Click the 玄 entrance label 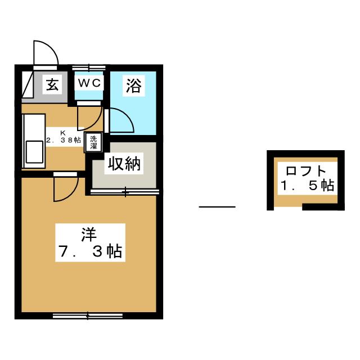pyautogui.click(x=52, y=84)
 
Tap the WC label pyautogui.click(x=89, y=83)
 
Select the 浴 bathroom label pyautogui.click(x=134, y=85)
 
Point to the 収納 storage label pyautogui.click(x=124, y=164)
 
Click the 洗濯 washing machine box pyautogui.click(x=93, y=142)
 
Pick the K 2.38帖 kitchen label pyautogui.click(x=64, y=137)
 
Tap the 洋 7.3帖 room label pyautogui.click(x=90, y=242)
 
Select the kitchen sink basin pyautogui.click(x=34, y=152)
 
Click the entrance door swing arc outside pyautogui.click(x=46, y=53)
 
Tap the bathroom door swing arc pyautogui.click(x=121, y=120)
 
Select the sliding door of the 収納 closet pyautogui.click(x=125, y=192)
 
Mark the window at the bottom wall pyautogui.click(x=88, y=316)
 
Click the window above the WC pyautogui.click(x=89, y=67)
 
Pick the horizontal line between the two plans pyautogui.click(x=217, y=206)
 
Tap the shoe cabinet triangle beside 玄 pyautogui.click(x=28, y=85)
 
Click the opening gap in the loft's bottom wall pyautogui.click(x=288, y=207)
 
